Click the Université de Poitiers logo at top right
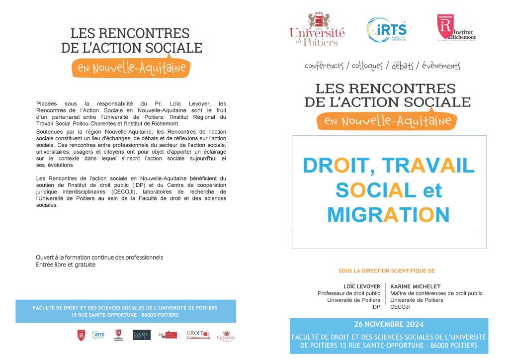coord(317,30)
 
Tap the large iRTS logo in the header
coord(387,29)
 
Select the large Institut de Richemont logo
coord(456,27)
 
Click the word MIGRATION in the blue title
coord(388,214)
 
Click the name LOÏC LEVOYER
coord(362,286)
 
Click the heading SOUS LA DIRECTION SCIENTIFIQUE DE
coord(386,271)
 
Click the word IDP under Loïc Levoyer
coord(376,307)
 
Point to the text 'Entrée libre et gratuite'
coord(66,265)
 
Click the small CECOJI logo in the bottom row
coord(142,335)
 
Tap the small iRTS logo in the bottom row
coord(98,335)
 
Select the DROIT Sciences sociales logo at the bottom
coord(198,335)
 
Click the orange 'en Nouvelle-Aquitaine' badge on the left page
coord(131,68)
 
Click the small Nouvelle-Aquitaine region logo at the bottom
coord(118,335)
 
